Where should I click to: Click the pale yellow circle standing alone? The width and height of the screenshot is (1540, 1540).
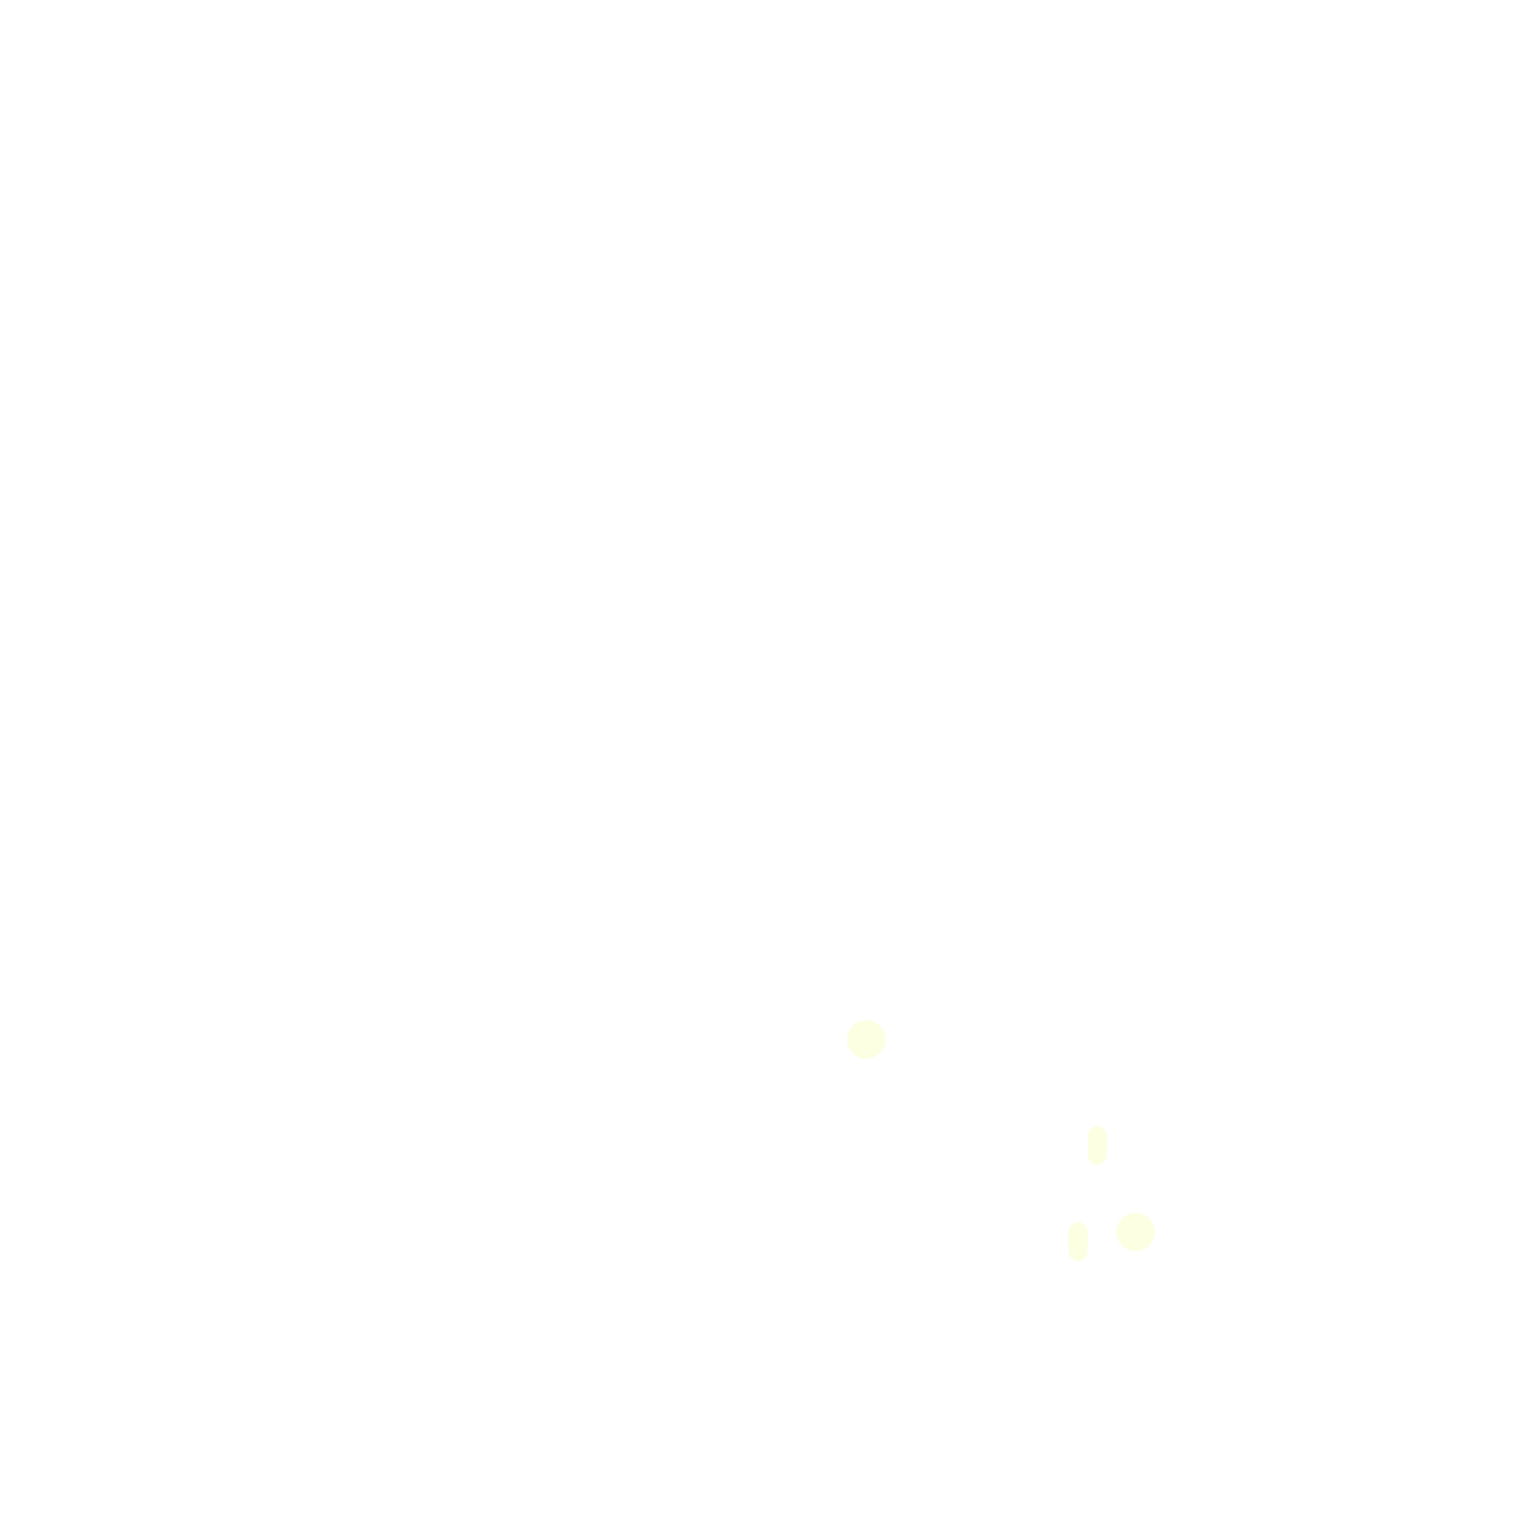click(x=865, y=1039)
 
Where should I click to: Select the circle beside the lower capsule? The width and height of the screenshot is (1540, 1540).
click(x=1135, y=1231)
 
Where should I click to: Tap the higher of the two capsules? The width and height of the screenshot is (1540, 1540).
click(x=1096, y=1144)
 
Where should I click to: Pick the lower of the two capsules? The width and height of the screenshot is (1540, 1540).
click(x=1077, y=1241)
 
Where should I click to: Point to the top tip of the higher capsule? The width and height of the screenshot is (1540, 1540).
click(x=1096, y=1126)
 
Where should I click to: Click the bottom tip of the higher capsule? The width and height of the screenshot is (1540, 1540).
click(x=1096, y=1164)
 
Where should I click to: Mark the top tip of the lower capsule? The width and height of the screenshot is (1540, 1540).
click(x=1077, y=1222)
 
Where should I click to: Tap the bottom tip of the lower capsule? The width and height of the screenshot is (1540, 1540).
click(x=1077, y=1260)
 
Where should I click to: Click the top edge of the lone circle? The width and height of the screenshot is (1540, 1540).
click(x=865, y=1020)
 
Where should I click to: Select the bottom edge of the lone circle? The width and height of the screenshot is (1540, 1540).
click(x=865, y=1058)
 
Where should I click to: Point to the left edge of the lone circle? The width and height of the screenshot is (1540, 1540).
click(x=847, y=1039)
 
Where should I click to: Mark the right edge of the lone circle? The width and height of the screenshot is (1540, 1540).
click(x=885, y=1039)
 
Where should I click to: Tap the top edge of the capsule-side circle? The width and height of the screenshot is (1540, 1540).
click(x=1135, y=1213)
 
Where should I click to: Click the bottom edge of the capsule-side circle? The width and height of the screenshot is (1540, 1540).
click(x=1135, y=1250)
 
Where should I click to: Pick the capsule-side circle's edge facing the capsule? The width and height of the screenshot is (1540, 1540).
click(x=1116, y=1231)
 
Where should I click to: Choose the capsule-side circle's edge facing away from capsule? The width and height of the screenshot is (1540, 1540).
click(x=1154, y=1231)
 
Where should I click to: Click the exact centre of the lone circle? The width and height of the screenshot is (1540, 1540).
click(x=865, y=1039)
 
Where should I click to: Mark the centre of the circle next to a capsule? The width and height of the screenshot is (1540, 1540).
click(x=1135, y=1231)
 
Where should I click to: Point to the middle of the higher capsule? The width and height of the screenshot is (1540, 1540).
click(x=1096, y=1144)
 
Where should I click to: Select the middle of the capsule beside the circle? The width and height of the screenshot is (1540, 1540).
click(x=1077, y=1241)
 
